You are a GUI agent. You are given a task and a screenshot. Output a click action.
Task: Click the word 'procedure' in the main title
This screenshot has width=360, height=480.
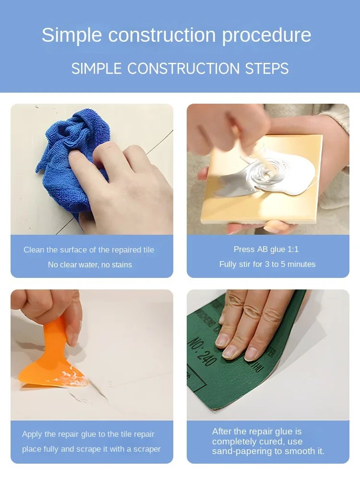[x=266, y=36]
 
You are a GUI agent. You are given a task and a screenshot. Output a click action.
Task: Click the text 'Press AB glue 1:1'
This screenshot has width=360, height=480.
[x=266, y=249]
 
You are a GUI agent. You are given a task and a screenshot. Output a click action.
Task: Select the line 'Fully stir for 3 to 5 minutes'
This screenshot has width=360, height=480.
[x=267, y=264]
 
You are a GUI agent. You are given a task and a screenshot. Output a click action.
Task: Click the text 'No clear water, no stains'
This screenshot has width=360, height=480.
[x=90, y=264]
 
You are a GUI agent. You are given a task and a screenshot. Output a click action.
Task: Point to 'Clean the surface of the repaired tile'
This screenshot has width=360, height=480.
[x=89, y=250]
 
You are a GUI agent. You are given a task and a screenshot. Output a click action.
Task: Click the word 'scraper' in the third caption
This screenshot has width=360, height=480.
[x=143, y=449]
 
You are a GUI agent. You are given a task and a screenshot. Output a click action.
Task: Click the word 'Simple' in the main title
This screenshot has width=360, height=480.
[x=72, y=36]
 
